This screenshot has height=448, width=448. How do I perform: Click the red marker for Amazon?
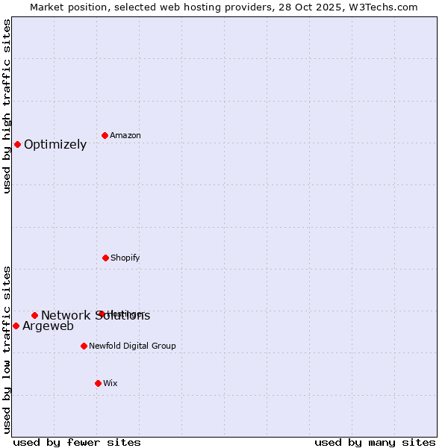point(105,135)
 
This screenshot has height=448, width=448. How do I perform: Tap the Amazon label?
point(125,135)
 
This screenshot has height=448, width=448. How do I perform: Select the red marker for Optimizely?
point(17,144)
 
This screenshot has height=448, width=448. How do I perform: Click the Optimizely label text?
point(55,145)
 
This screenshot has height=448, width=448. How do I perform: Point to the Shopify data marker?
point(105,258)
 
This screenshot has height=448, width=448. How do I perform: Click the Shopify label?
point(125,258)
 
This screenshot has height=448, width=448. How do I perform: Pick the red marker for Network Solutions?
point(34,315)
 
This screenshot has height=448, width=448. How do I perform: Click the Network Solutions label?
point(95,316)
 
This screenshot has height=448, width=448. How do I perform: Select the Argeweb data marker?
point(16,326)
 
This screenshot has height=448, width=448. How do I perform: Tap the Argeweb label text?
point(48,326)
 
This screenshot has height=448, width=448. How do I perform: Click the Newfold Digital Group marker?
point(84,346)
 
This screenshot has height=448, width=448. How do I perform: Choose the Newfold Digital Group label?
point(132,346)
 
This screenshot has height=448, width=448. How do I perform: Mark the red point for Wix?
point(98,383)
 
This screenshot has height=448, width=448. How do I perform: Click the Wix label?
point(110,383)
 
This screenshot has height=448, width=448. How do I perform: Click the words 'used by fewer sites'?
point(77,442)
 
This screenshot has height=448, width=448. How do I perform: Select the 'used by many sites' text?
point(375,442)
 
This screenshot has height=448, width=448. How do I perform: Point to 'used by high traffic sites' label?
point(7,106)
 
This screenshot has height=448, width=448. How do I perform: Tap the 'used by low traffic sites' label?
point(7,349)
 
